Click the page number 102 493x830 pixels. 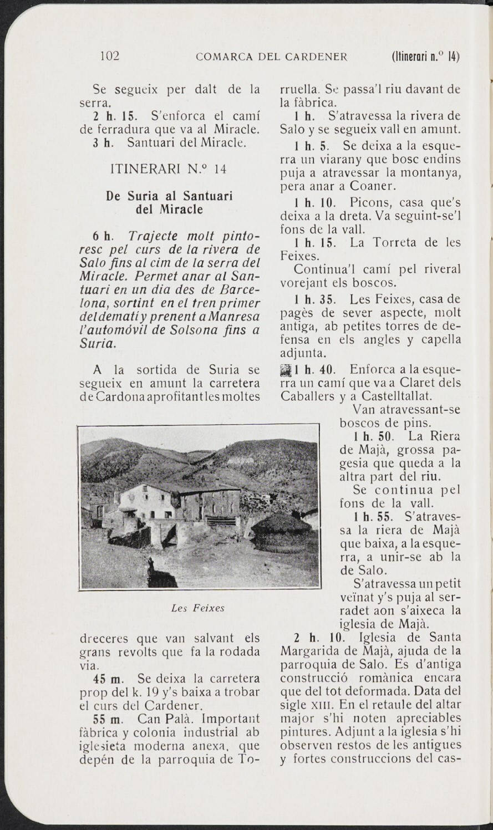pos(110,56)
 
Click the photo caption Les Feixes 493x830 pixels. pos(198,608)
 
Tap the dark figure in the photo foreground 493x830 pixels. pos(150,567)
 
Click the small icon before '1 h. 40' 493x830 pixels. pos(286,370)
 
